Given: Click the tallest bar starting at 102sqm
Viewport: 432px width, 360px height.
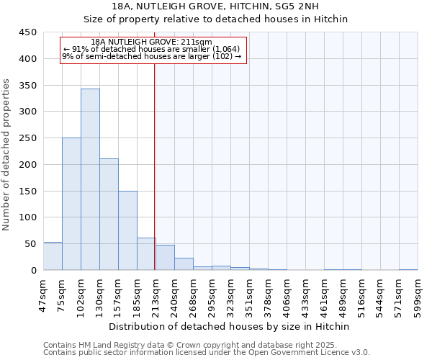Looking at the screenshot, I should [x=90, y=180].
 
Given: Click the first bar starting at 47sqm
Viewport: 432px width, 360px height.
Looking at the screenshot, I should [x=53, y=256].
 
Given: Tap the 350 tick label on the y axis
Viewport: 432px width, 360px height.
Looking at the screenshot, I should [x=27, y=85].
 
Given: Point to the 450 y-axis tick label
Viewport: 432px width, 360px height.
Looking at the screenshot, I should [x=27, y=32].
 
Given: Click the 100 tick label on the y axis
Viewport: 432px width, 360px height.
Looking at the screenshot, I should [x=27, y=217].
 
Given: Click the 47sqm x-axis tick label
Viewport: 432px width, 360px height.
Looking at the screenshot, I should [x=43, y=293].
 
